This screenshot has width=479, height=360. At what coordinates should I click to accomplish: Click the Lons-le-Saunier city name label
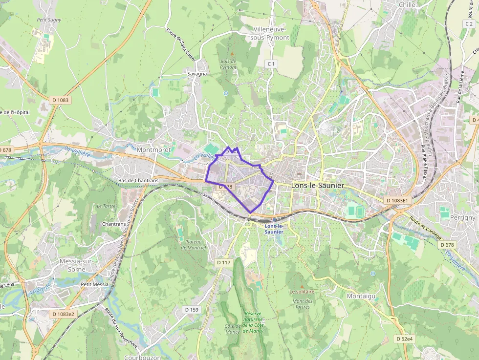tap(317, 186)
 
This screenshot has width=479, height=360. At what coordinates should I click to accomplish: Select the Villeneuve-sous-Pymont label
tap(269, 33)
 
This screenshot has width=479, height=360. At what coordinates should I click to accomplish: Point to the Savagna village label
tap(197, 74)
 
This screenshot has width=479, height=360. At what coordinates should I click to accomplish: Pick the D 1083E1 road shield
tap(396, 200)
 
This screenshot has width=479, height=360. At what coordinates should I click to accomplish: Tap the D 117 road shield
tap(223, 262)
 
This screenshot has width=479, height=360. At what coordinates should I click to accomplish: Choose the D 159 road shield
tap(192, 310)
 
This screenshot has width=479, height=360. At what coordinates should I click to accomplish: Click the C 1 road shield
tap(271, 64)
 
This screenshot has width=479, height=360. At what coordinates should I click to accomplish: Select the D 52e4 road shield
tap(404, 339)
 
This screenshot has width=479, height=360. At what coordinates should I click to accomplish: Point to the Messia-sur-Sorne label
tap(76, 265)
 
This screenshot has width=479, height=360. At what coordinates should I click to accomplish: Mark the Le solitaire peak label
tap(302, 292)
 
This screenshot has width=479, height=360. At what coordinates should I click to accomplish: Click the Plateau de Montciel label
tap(193, 244)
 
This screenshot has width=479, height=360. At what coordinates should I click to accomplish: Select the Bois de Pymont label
tap(228, 64)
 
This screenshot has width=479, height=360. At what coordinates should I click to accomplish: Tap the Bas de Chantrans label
tap(138, 180)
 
